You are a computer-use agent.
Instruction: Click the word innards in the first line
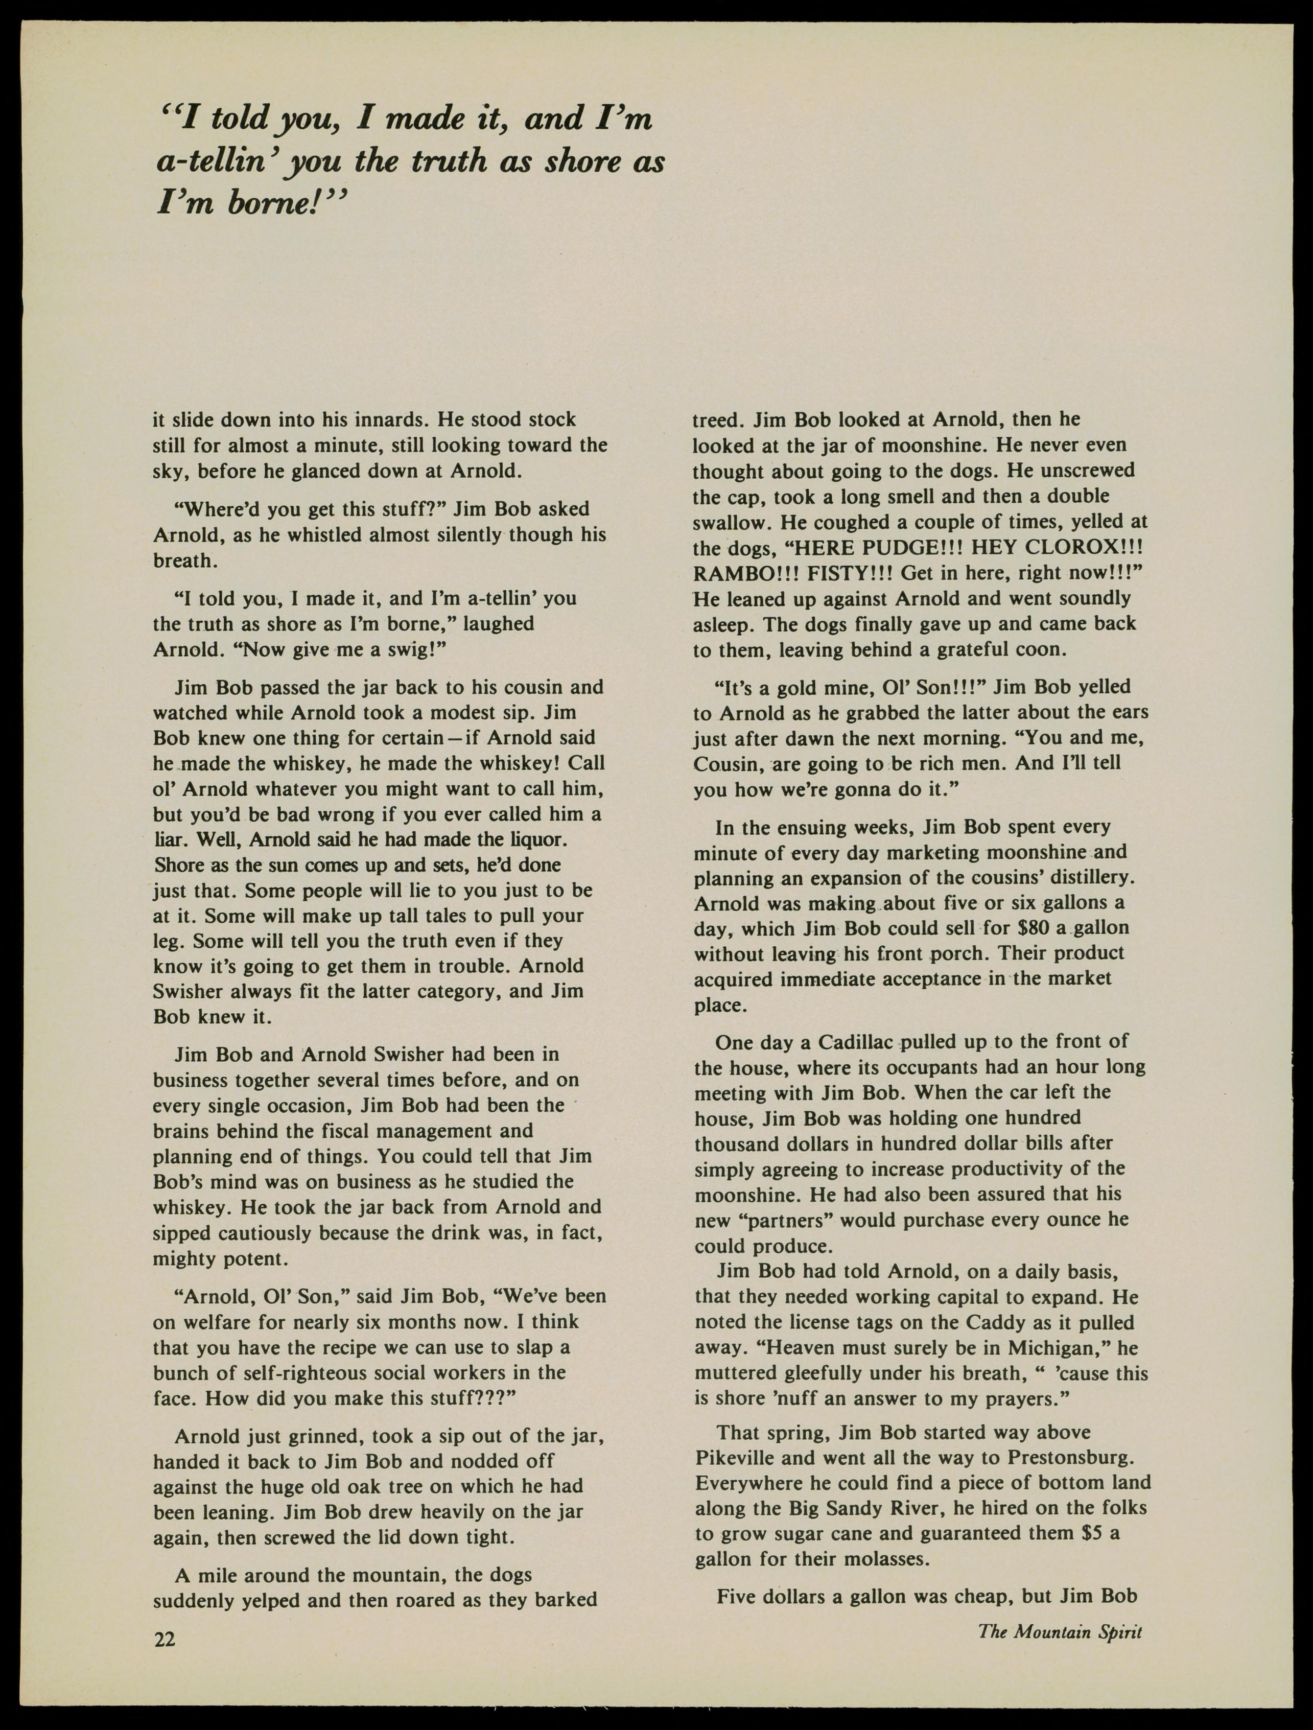(383, 420)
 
